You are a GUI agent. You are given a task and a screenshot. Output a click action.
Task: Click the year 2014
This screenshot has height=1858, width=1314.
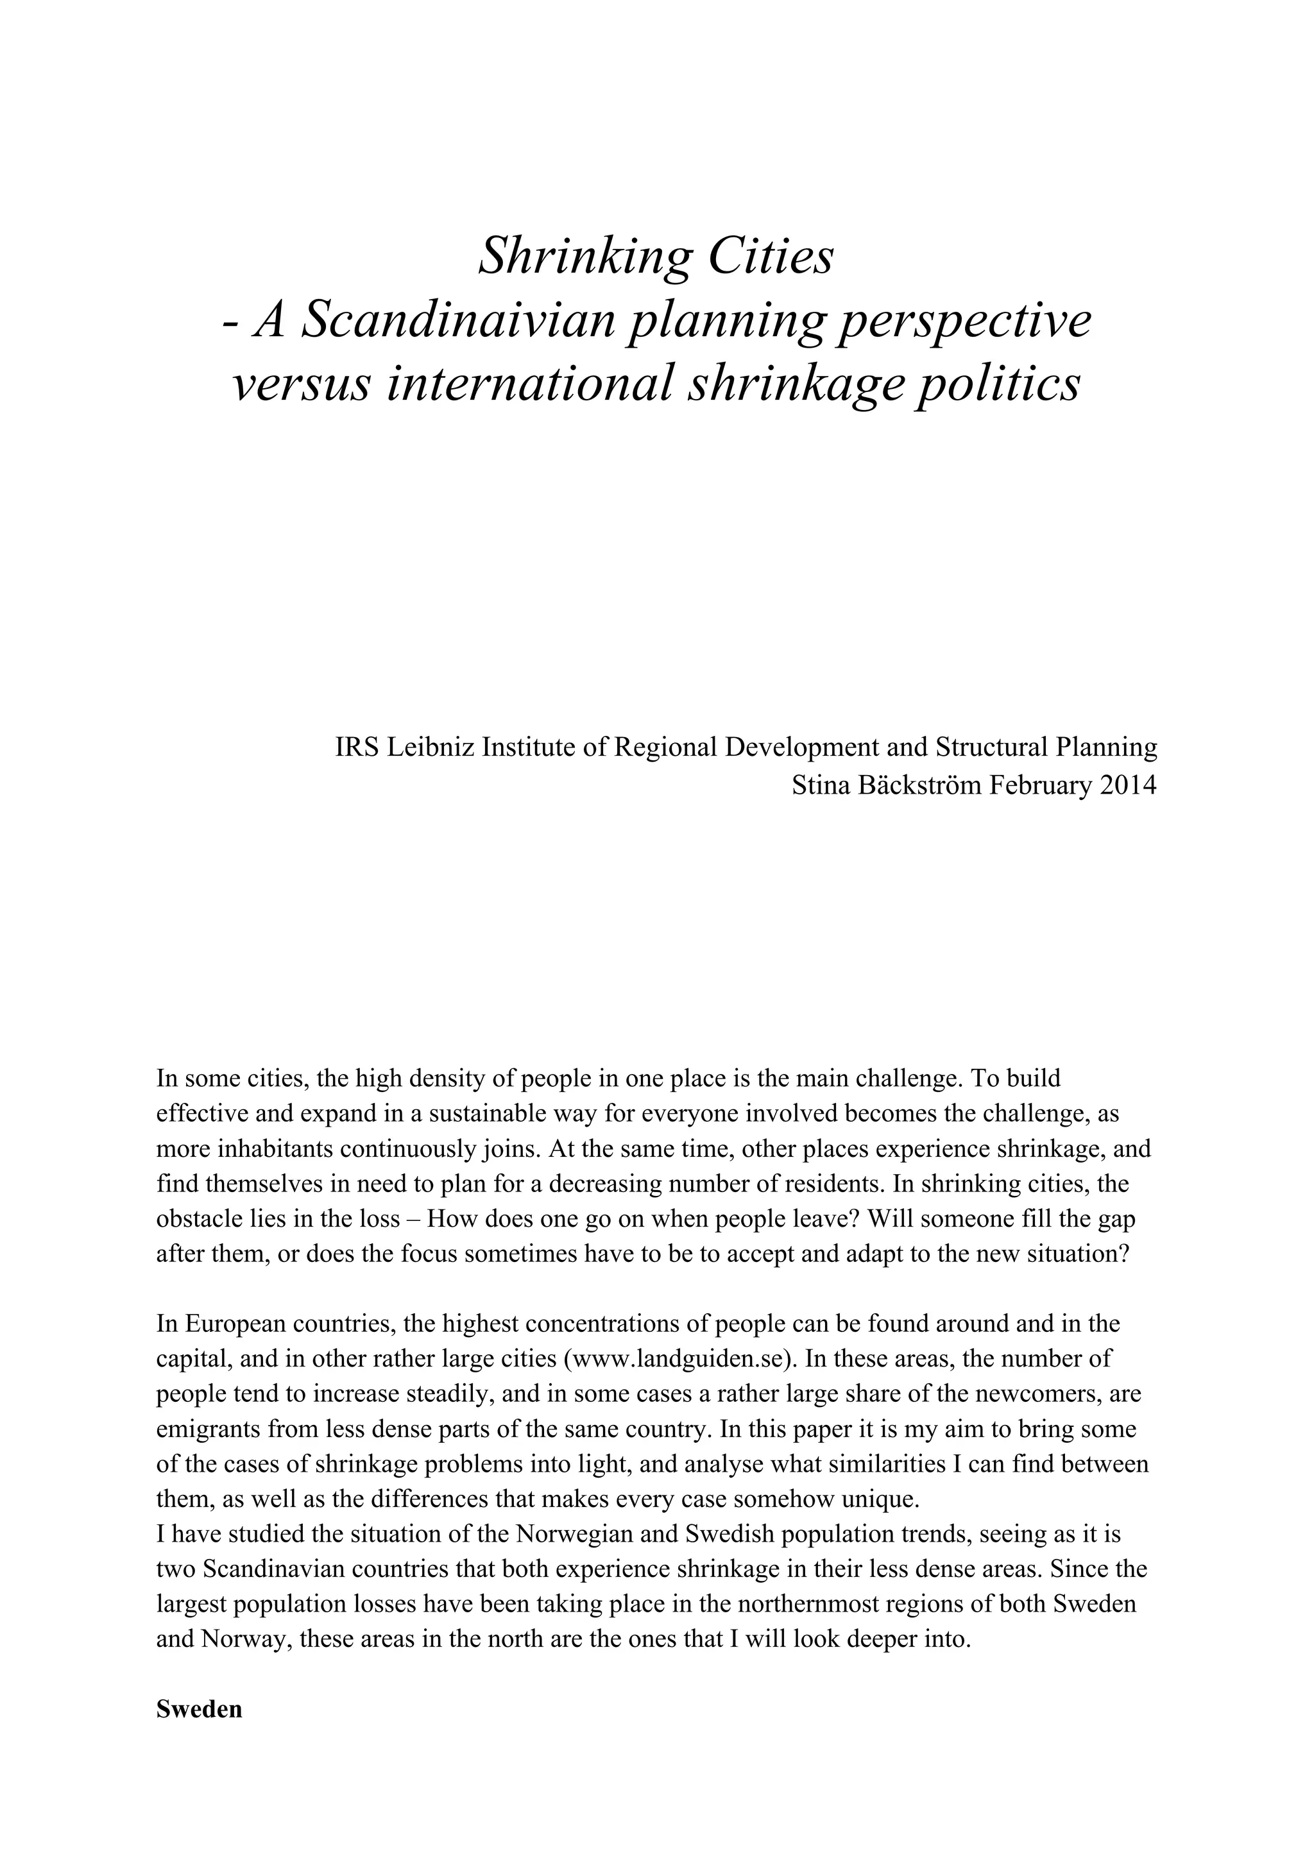[x=1128, y=785]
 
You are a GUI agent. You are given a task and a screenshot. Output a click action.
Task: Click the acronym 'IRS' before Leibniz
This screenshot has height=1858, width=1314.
[x=357, y=747]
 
